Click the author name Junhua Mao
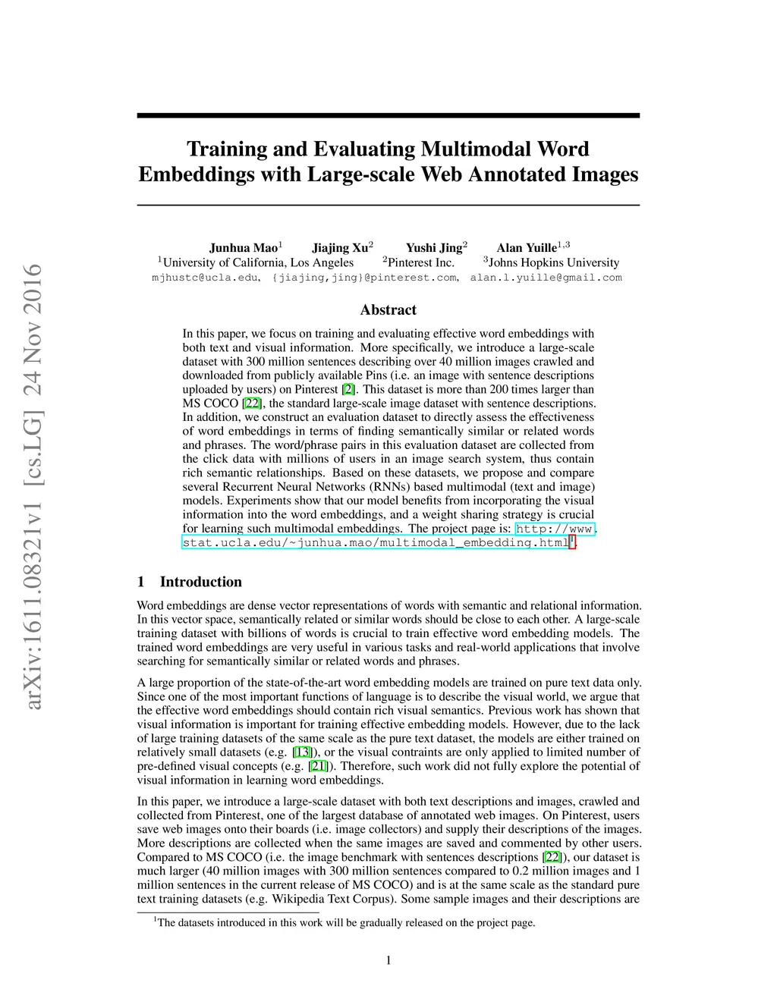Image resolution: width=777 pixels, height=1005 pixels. (x=244, y=248)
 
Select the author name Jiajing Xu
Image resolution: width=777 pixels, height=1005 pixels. (x=340, y=248)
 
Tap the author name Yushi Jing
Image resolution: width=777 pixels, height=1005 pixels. (x=434, y=248)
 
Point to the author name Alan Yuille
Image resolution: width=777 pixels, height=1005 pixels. (x=527, y=248)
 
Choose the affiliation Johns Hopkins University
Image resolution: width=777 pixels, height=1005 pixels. (x=554, y=262)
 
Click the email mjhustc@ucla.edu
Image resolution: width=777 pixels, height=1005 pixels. (x=205, y=278)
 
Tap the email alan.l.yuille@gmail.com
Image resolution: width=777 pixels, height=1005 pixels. (x=546, y=278)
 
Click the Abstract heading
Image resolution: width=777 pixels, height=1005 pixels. (x=388, y=309)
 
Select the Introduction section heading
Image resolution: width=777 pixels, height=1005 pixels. (x=200, y=582)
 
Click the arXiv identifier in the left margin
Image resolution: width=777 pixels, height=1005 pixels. (x=33, y=485)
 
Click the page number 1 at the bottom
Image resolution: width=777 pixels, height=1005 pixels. (x=388, y=961)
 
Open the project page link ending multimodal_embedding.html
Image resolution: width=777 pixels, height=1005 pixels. (x=376, y=542)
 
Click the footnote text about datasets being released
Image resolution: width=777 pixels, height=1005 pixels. (x=346, y=922)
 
